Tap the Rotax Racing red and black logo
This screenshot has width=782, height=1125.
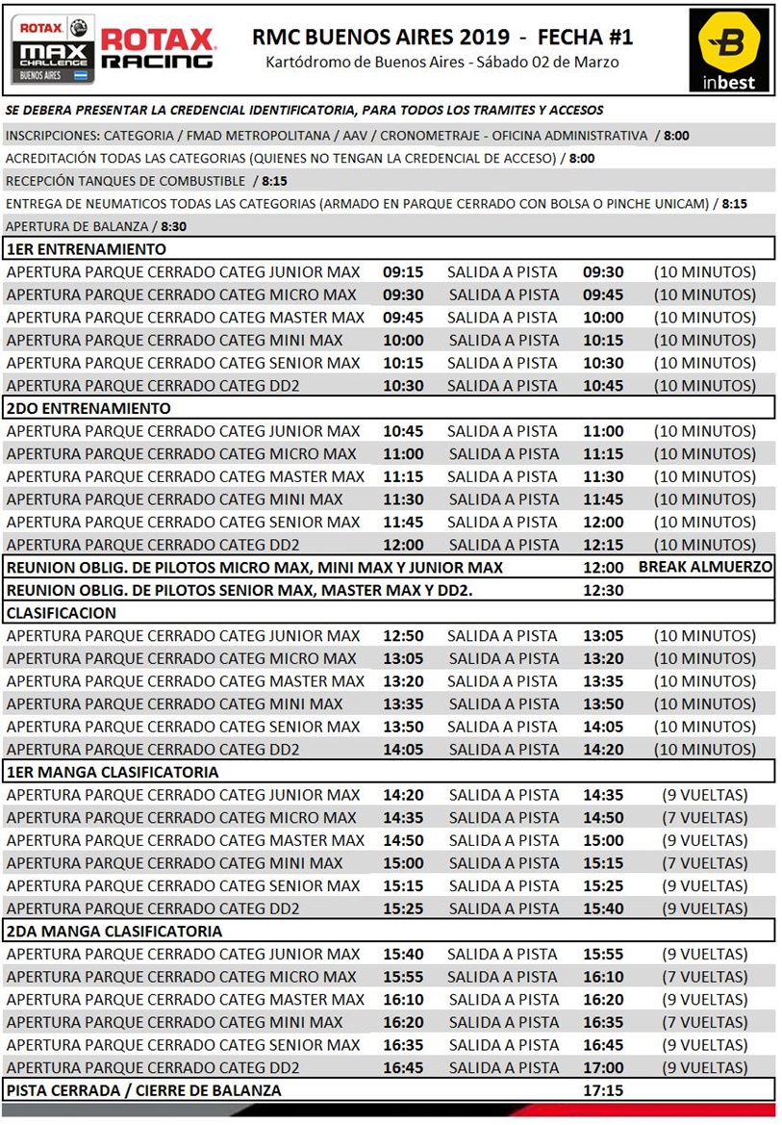pyautogui.click(x=158, y=48)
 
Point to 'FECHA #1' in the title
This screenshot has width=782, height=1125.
pyautogui.click(x=586, y=38)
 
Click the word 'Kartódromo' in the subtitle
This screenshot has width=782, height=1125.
pyautogui.click(x=307, y=63)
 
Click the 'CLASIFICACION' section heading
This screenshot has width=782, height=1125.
pyautogui.click(x=61, y=613)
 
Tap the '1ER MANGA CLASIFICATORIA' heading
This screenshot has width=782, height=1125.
pyautogui.click(x=113, y=772)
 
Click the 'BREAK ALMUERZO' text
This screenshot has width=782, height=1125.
pyautogui.click(x=705, y=567)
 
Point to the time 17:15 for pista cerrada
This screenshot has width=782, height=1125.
pyautogui.click(x=603, y=1090)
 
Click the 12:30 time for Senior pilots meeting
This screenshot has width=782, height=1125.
pyautogui.click(x=603, y=590)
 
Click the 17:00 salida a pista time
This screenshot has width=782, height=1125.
pyautogui.click(x=603, y=1068)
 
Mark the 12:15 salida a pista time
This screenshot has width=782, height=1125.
pyautogui.click(x=603, y=545)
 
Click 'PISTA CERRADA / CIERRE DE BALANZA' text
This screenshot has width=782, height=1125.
pyautogui.click(x=144, y=1090)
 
